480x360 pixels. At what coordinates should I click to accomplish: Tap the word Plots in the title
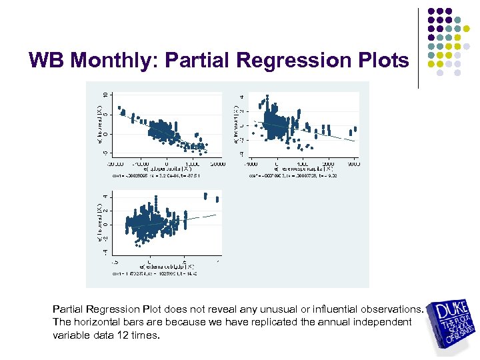[x=378, y=61]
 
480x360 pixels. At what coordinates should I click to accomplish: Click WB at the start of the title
[x=47, y=61]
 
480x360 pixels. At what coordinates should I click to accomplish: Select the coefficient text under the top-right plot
[x=293, y=177]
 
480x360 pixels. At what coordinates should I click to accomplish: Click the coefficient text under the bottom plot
[x=153, y=274]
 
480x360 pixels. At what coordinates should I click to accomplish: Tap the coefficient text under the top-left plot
[x=153, y=177]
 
